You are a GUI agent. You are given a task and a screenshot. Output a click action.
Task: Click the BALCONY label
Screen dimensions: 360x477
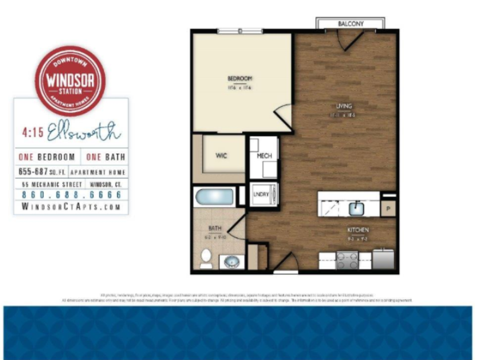pyautogui.click(x=351, y=24)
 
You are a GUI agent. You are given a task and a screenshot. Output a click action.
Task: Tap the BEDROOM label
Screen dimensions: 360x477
pyautogui.click(x=240, y=78)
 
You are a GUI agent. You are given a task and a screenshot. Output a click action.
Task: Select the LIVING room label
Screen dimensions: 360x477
pyautogui.click(x=344, y=106)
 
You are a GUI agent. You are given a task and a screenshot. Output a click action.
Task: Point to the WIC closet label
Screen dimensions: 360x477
pyautogui.click(x=221, y=156)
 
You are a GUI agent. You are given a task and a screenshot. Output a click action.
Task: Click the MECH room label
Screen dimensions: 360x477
pyautogui.click(x=264, y=156)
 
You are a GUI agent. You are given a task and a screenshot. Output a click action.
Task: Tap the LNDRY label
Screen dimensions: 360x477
pyautogui.click(x=261, y=194)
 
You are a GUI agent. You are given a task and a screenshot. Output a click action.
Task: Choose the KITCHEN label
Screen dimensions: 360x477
pyautogui.click(x=358, y=230)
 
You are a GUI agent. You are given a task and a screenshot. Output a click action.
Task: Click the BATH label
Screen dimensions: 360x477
pyautogui.click(x=215, y=228)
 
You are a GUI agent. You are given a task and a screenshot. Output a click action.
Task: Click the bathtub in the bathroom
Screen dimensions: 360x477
pyautogui.click(x=214, y=197)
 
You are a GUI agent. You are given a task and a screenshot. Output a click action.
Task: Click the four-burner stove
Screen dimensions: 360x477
pyautogui.click(x=347, y=260)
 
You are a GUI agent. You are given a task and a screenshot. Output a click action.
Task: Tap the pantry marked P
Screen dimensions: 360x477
pyautogui.click(x=388, y=209)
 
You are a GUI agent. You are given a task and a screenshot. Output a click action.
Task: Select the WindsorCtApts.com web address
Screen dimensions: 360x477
pyautogui.click(x=71, y=207)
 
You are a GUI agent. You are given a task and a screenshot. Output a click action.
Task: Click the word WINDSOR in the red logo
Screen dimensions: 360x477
pyautogui.click(x=70, y=80)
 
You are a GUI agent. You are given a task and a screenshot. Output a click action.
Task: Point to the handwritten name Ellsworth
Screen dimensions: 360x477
pyautogui.click(x=83, y=131)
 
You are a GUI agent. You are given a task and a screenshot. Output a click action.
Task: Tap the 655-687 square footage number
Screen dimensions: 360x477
pyautogui.click(x=33, y=171)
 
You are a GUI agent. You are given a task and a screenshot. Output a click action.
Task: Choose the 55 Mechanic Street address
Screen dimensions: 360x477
pyautogui.click(x=52, y=184)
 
